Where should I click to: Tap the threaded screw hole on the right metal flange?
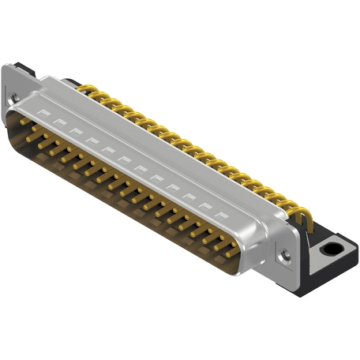click(x=284, y=255)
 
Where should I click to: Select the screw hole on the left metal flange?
click(x=14, y=98)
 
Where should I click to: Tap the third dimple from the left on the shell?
click(x=76, y=130)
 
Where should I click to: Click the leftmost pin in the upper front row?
click(x=24, y=123)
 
